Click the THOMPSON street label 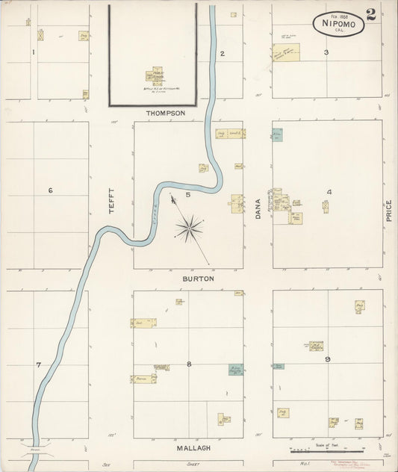coord(165,113)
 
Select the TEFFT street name coord(111,200)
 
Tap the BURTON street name coord(199,279)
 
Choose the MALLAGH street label coord(193,447)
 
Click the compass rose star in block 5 coord(190,225)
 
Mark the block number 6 coord(51,190)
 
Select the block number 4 coord(328,192)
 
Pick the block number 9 coord(328,360)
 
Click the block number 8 coord(189,364)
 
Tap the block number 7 coord(38,364)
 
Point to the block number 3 coord(326,52)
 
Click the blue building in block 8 coord(235,370)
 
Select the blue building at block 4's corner coord(277,135)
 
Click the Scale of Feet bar coord(326,450)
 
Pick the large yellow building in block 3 coord(286,52)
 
